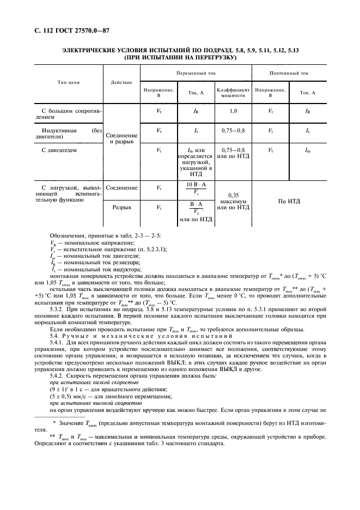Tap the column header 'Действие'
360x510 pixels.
tap(121, 82)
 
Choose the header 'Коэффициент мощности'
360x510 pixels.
tap(233, 93)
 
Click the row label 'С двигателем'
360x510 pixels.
tap(59, 149)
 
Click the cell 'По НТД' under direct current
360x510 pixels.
tap(289, 201)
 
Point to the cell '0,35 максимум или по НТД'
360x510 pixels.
tap(233, 201)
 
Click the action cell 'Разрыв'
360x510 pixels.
tap(121, 208)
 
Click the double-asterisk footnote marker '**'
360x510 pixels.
tap(53, 436)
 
